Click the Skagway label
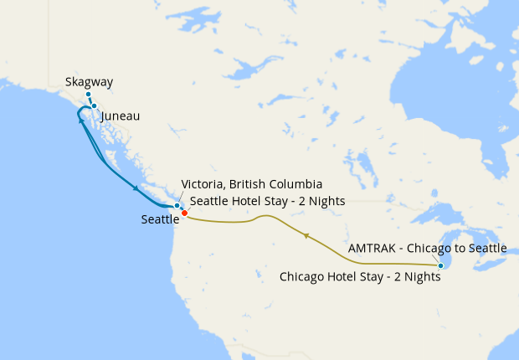click(89, 82)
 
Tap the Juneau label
click(120, 116)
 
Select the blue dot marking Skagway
click(88, 95)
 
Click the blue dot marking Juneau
click(95, 106)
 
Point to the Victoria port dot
click(177, 205)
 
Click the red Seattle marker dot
click(184, 213)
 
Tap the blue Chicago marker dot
click(440, 265)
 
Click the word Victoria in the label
click(203, 184)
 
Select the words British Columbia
click(276, 184)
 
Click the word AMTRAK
click(370, 249)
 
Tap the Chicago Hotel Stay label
click(360, 276)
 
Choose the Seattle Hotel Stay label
click(268, 201)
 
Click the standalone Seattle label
click(161, 219)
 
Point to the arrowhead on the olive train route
click(307, 237)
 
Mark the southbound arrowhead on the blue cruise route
click(136, 188)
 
